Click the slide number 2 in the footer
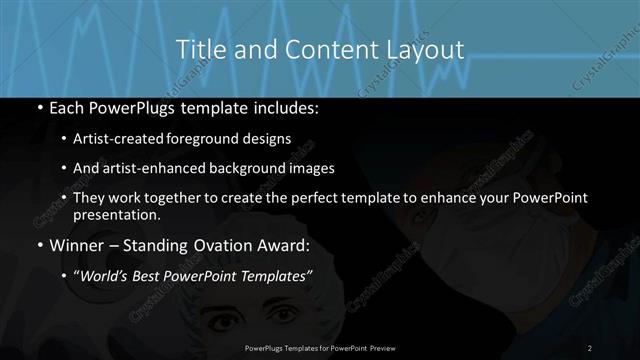pyautogui.click(x=590, y=347)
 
